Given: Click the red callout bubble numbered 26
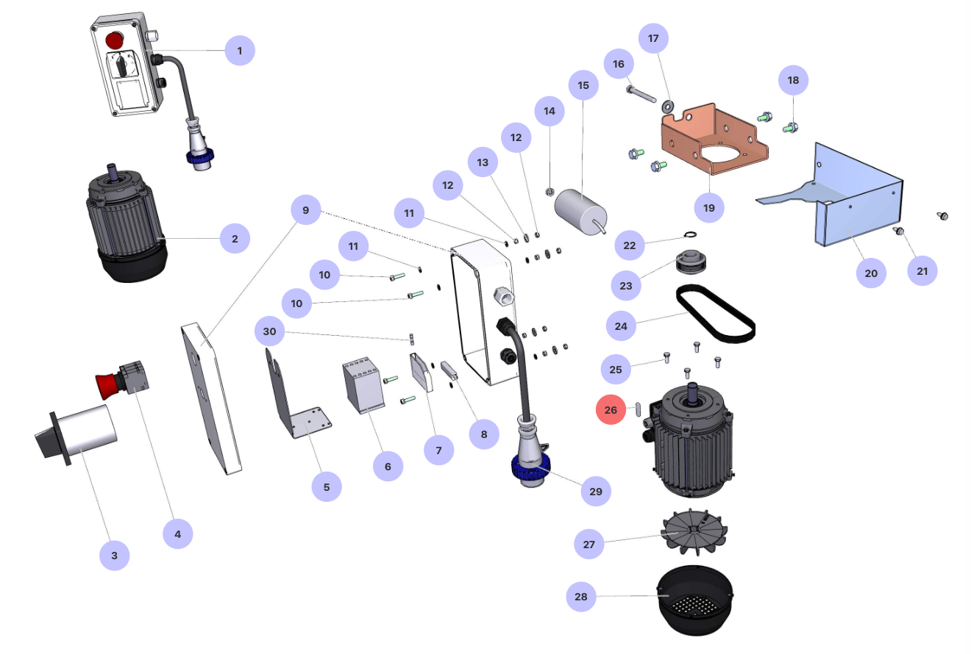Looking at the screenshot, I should [611, 410].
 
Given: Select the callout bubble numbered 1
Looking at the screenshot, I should [240, 51].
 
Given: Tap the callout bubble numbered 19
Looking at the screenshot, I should [709, 208].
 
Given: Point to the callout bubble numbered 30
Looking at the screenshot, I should [270, 331].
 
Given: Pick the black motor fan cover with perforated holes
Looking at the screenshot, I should [694, 599].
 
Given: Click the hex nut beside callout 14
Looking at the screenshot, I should [549, 193].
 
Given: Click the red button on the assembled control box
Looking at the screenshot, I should [114, 40].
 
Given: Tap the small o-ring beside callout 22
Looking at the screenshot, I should [690, 235].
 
